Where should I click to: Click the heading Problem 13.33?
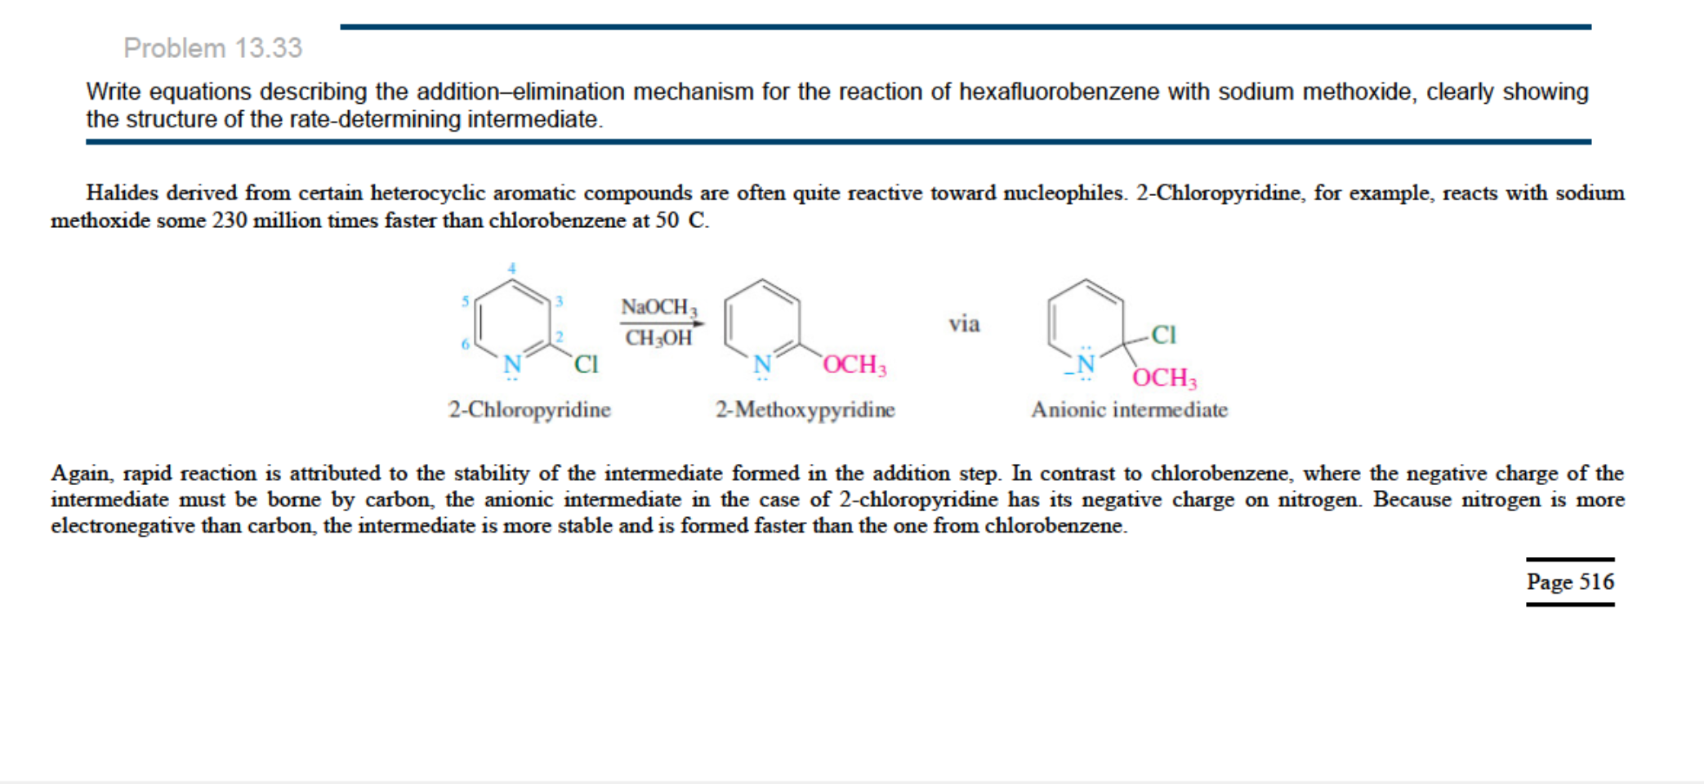coord(213,48)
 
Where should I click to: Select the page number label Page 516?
coord(1570,581)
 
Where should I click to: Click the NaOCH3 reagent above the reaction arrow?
coord(659,307)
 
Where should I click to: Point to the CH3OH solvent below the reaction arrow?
coord(658,338)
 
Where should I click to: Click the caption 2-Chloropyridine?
coord(529,409)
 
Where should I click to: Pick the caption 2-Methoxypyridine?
coord(805,409)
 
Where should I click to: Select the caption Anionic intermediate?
coord(1129,409)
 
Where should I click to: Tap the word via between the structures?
coord(964,324)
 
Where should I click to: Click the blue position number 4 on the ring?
coord(512,268)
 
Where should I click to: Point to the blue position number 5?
coord(465,301)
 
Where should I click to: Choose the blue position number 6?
coord(465,344)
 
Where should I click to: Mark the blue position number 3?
coord(559,301)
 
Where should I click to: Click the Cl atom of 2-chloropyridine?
coord(587,364)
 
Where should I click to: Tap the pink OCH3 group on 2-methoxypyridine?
coord(854,365)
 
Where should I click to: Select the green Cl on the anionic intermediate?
coord(1163,334)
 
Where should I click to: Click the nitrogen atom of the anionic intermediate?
coord(1085,364)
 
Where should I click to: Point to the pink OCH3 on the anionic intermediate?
coord(1164,378)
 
